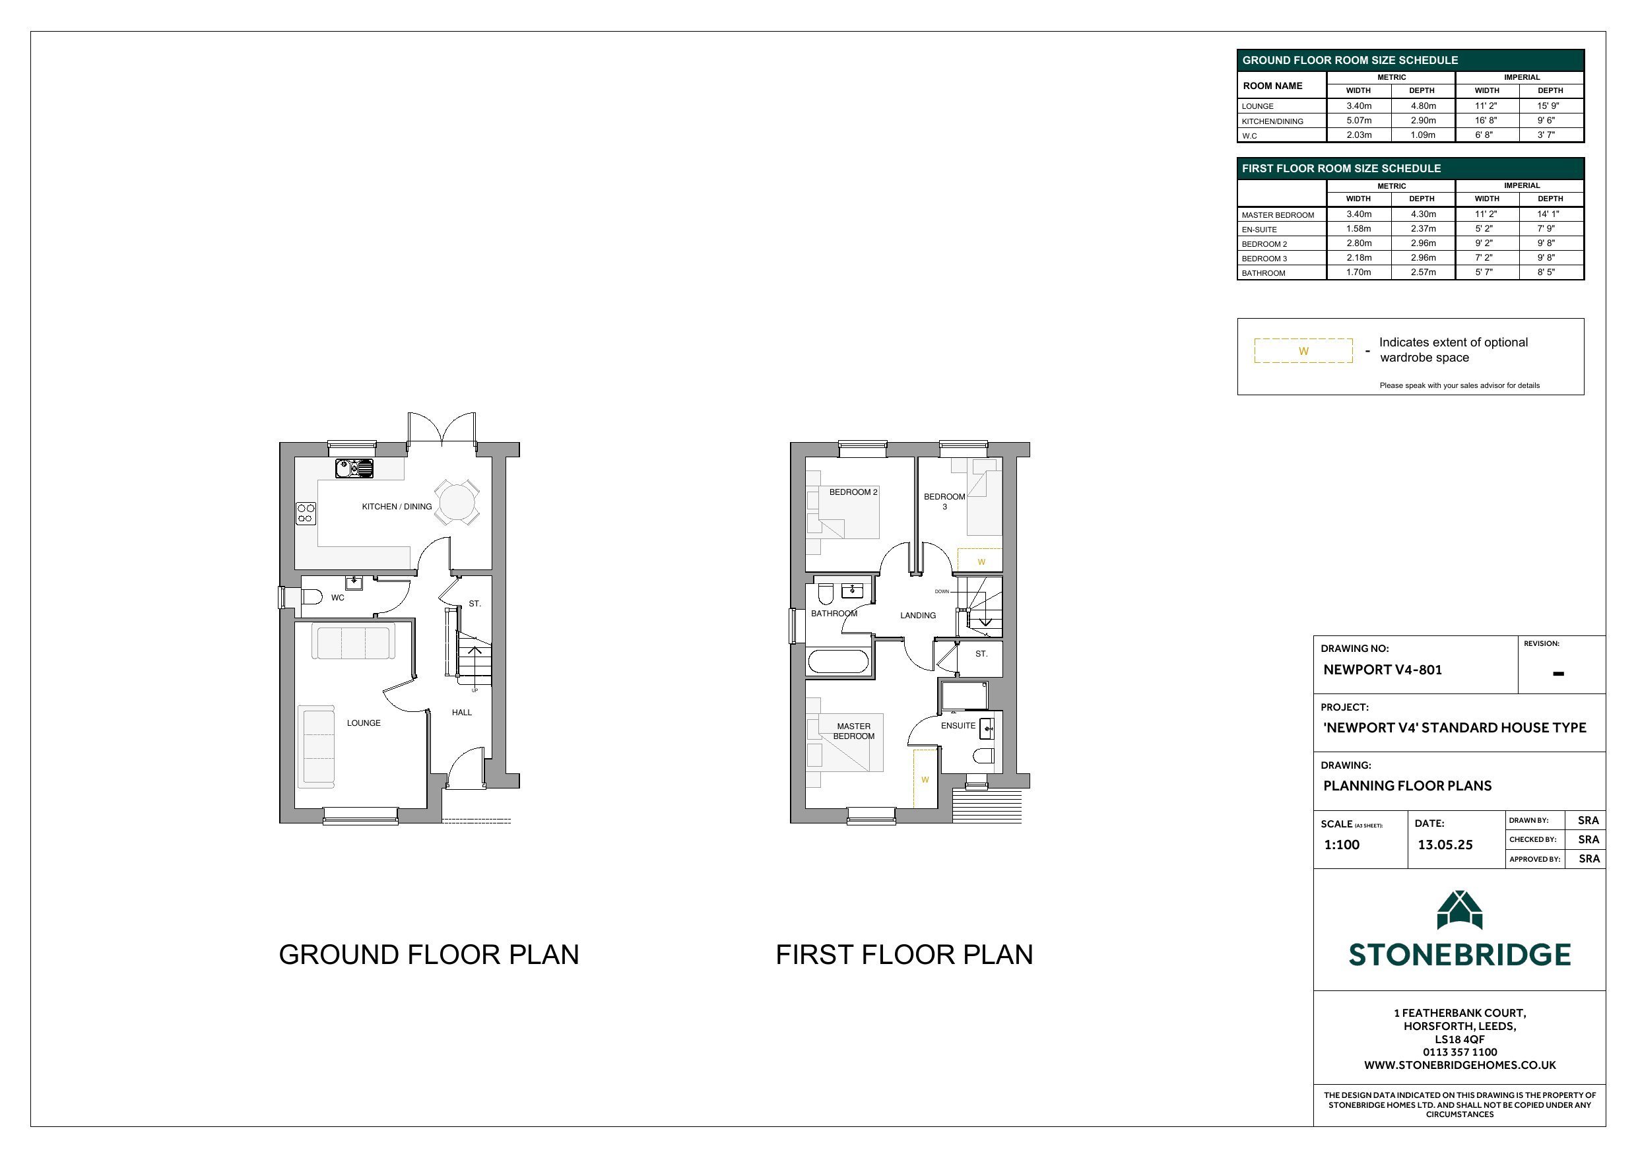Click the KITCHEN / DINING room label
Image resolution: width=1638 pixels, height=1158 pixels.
click(x=397, y=507)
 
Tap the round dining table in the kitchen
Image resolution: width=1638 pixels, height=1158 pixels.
click(x=457, y=503)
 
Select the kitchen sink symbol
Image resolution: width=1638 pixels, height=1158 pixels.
click(x=354, y=468)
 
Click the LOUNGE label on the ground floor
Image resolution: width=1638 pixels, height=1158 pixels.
click(x=364, y=723)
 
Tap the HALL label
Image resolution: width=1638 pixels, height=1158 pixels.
click(x=461, y=712)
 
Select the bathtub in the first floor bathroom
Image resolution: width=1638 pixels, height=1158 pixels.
click(x=838, y=661)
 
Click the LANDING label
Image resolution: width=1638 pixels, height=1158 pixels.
click(x=917, y=615)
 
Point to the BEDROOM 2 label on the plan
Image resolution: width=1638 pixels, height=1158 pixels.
click(x=853, y=492)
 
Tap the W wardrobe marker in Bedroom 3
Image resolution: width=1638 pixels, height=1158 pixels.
click(x=981, y=562)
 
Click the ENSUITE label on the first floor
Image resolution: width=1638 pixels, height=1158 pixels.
click(x=958, y=726)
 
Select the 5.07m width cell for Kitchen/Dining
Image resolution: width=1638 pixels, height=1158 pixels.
click(x=1359, y=121)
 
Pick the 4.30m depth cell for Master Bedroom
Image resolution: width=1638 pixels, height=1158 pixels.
click(x=1424, y=214)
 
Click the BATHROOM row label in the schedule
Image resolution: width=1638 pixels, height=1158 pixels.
click(x=1263, y=273)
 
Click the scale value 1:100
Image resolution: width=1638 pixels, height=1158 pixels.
click(x=1342, y=845)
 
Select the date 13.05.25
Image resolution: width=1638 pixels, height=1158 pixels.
click(x=1445, y=845)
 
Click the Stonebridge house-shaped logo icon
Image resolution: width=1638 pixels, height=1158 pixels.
click(x=1460, y=910)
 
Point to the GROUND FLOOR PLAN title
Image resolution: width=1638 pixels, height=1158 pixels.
click(x=429, y=955)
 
